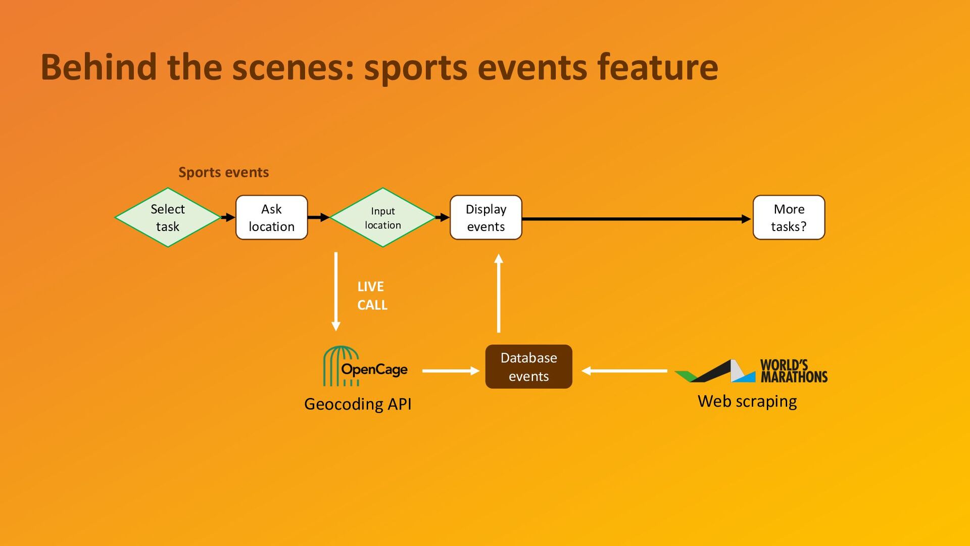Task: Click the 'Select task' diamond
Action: (x=168, y=217)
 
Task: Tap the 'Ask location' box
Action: (x=272, y=217)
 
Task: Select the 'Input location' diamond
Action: (x=383, y=217)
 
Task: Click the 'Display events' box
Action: (x=486, y=217)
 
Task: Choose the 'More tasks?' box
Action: (x=789, y=217)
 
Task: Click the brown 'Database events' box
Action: (x=529, y=367)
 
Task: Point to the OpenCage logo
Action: (x=365, y=367)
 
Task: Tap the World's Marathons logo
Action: (x=751, y=371)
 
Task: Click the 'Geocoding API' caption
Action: (x=358, y=404)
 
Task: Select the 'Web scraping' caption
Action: (x=747, y=401)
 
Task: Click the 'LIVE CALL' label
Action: (x=372, y=296)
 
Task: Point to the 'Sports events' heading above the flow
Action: (x=223, y=172)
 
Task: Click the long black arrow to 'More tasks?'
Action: (x=637, y=219)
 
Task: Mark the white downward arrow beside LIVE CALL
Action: (x=336, y=292)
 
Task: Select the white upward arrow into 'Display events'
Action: (x=499, y=293)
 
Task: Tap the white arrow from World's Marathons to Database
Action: (x=624, y=371)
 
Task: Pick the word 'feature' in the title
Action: (x=657, y=67)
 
